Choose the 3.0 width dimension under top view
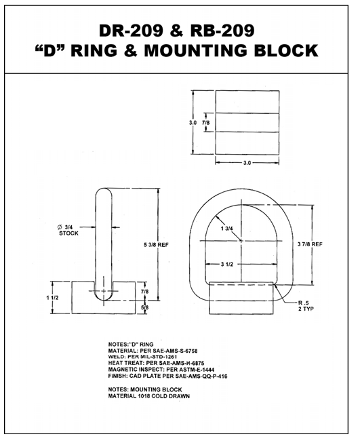pyautogui.click(x=247, y=163)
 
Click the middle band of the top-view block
pyautogui.click(x=247, y=122)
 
